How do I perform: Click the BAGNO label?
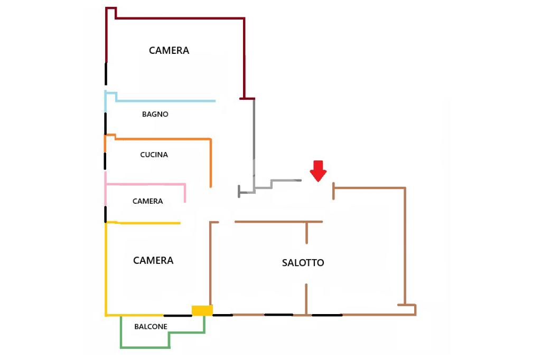(x=155, y=114)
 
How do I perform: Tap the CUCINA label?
(x=154, y=155)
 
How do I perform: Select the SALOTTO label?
(x=303, y=262)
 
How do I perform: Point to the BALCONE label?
(x=151, y=327)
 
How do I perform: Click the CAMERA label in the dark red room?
(x=169, y=51)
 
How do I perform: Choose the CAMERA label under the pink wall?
(x=147, y=201)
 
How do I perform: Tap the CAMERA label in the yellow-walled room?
(x=153, y=260)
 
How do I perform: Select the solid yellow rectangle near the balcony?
(x=202, y=310)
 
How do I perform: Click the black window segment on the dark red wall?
(x=106, y=74)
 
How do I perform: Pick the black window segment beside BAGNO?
(x=105, y=123)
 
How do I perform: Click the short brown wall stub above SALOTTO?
(x=306, y=232)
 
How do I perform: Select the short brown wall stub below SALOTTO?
(x=306, y=299)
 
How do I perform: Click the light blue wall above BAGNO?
(x=164, y=100)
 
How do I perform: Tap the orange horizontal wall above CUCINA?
(x=164, y=139)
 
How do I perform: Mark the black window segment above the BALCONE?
(x=178, y=316)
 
